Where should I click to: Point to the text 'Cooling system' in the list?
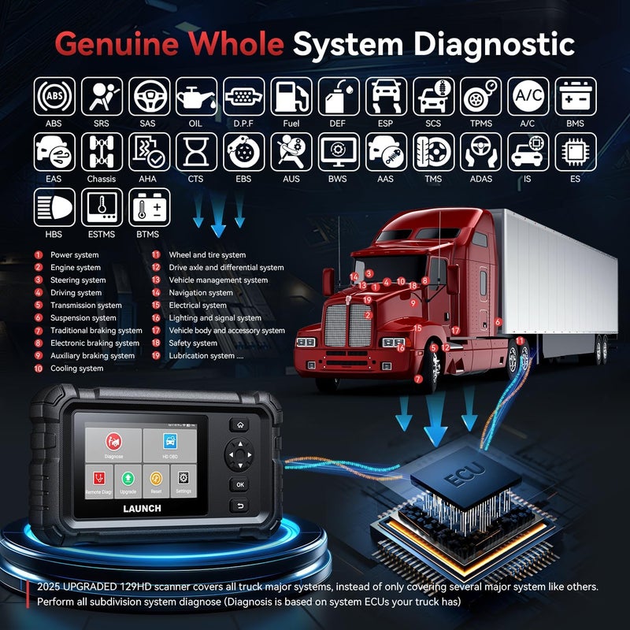point(76,369)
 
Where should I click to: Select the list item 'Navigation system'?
point(201,293)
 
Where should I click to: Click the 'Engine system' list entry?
point(76,268)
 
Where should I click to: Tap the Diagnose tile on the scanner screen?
point(113,444)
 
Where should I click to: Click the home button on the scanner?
point(240,424)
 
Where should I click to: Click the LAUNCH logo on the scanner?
point(142,509)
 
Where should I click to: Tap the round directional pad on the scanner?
point(240,454)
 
